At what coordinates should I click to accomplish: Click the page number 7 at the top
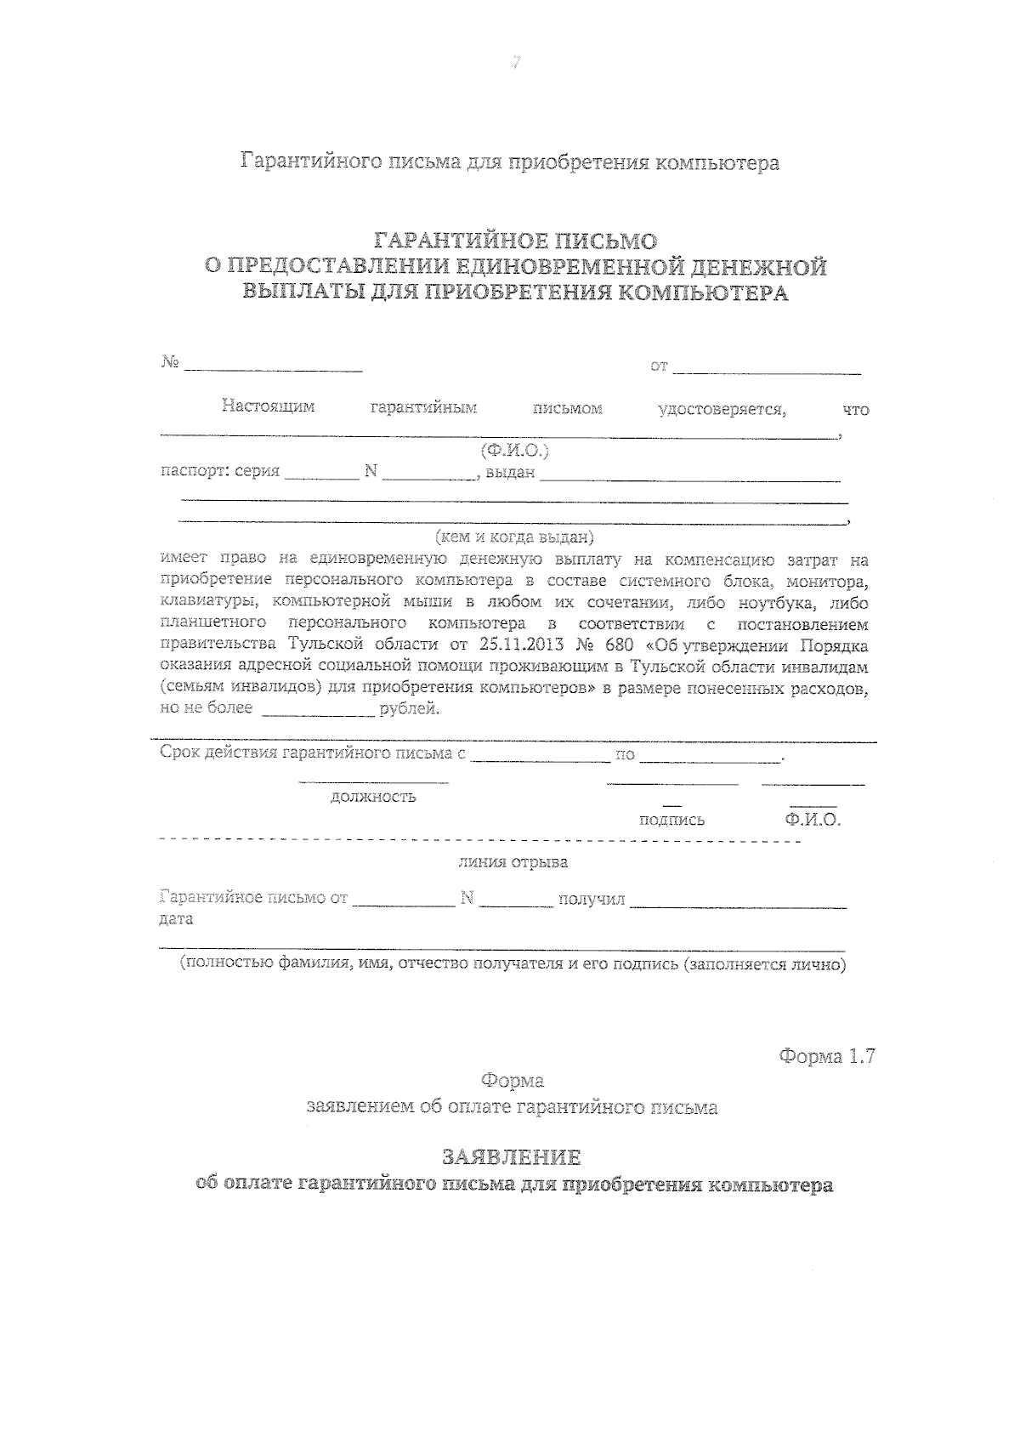pos(515,63)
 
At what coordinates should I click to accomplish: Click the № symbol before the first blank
pos(169,363)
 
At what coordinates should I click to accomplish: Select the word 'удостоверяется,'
pos(722,409)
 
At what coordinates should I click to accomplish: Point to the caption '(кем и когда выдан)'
pos(514,537)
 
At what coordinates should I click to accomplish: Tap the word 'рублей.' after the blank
pos(410,708)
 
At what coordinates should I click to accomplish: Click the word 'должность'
pos(373,797)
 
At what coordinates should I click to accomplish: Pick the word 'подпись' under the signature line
pos(671,820)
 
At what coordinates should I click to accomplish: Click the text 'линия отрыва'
pos(513,862)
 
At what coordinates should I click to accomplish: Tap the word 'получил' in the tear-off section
pos(591,899)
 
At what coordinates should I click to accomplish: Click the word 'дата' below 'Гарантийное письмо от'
pos(176,919)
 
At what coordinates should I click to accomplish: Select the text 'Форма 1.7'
pos(826,1057)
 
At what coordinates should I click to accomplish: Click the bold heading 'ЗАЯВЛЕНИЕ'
pos(512,1157)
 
